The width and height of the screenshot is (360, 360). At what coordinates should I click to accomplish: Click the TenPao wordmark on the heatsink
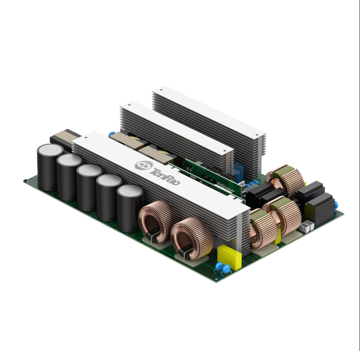[x=165, y=176]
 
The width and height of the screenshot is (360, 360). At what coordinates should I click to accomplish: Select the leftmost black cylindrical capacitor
[x=50, y=167]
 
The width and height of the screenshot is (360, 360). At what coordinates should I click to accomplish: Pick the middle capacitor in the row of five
[x=89, y=187]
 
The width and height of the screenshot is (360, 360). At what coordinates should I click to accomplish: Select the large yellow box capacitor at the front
[x=229, y=256]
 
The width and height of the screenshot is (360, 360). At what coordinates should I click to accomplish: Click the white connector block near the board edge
[x=307, y=227]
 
